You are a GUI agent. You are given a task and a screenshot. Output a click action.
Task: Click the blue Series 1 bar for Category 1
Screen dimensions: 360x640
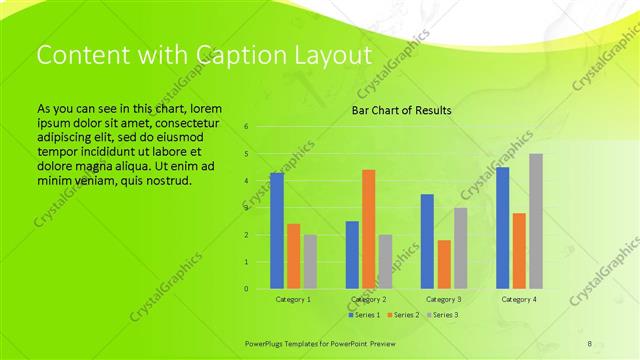[x=277, y=231]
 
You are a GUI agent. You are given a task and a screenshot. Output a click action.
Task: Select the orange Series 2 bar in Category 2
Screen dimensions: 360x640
[x=368, y=229]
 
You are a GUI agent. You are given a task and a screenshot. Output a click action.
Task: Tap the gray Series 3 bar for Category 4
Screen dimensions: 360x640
[x=536, y=221]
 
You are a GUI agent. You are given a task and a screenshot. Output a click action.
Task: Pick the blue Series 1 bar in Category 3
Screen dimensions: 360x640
[x=427, y=241]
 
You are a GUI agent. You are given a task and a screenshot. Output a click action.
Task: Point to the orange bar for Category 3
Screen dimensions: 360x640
[x=444, y=264]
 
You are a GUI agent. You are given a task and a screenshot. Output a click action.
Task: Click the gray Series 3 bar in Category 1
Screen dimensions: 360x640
[x=310, y=262]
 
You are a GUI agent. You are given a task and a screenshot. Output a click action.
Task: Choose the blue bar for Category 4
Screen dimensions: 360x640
[x=502, y=228]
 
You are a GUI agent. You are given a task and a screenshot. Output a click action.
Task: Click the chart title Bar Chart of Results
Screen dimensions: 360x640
[x=401, y=110]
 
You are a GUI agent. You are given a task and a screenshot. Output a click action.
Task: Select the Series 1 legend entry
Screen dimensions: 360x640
[x=364, y=315]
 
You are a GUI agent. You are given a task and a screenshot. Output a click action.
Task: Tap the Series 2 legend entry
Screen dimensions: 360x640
[x=402, y=315]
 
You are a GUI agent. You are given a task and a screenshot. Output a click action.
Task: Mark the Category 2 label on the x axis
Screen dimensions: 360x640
[x=368, y=299]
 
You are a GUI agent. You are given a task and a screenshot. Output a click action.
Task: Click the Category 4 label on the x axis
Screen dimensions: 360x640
[x=518, y=299]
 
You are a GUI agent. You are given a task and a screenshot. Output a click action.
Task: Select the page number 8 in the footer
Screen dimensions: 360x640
[x=589, y=344]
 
